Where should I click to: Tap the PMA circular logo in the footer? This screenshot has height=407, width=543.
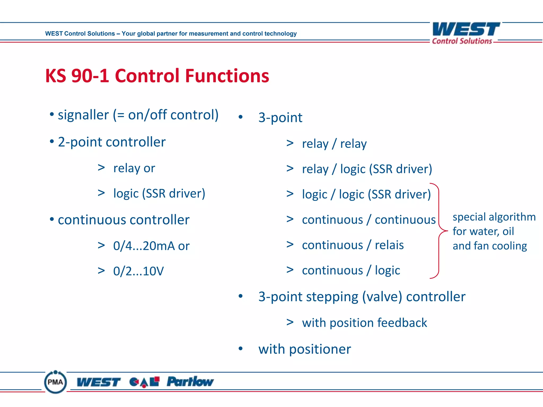coord(55,382)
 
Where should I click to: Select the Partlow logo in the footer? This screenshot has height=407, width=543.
coord(190,382)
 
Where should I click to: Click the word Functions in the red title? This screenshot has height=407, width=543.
coord(227,76)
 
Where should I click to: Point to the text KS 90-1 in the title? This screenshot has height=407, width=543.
coord(77,76)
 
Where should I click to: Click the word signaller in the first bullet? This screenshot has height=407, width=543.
coord(83,115)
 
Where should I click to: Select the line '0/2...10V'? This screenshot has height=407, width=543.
coord(138,271)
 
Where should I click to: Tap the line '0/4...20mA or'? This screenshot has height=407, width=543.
coord(151,246)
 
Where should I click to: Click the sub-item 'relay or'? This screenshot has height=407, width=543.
coord(134,168)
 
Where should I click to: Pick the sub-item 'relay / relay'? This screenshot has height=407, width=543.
coord(334,144)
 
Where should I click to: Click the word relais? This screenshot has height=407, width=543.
coord(389,245)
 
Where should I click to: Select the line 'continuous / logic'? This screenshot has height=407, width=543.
coord(351,270)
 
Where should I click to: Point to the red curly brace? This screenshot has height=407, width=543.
coord(439,231)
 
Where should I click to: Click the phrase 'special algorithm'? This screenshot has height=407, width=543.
coord(494,217)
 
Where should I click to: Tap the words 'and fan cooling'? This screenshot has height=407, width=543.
coord(489,246)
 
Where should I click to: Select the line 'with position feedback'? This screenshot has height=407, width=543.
coord(364,323)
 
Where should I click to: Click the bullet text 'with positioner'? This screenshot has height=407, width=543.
coord(304,349)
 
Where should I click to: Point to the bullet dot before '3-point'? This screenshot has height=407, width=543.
coord(240,117)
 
